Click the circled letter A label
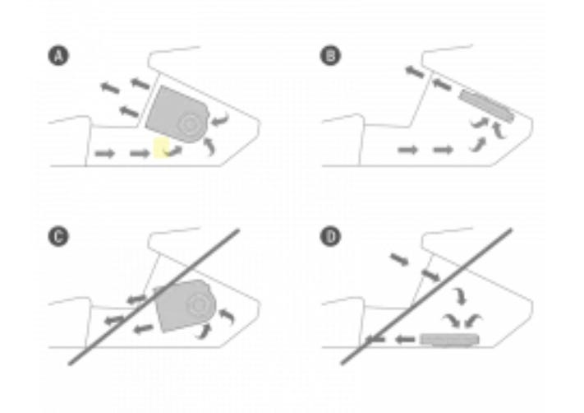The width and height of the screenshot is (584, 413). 58,56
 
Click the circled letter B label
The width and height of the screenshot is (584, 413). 330,56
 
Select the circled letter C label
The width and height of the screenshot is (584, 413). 58,237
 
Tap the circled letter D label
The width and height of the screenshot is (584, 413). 330,237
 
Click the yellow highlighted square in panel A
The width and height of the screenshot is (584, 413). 162,147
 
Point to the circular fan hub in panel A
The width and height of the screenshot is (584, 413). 190,124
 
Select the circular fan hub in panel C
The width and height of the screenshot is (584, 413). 196,305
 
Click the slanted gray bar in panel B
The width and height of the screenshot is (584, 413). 486,105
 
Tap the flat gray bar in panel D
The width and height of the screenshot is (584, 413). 449,339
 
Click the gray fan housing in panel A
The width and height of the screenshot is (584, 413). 177,114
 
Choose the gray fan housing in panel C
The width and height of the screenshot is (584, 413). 185,305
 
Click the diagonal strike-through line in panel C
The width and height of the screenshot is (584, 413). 154,297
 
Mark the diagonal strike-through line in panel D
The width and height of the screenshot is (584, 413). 427,296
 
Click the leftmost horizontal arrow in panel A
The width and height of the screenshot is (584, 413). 105,153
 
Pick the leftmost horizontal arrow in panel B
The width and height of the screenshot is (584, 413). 408,150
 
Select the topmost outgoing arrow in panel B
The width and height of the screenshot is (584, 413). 415,72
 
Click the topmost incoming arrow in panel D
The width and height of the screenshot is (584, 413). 399,259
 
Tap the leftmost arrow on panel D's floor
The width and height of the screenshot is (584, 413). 375,339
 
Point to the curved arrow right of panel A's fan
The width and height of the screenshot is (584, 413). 220,120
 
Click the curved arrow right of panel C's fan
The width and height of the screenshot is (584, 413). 227,316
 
